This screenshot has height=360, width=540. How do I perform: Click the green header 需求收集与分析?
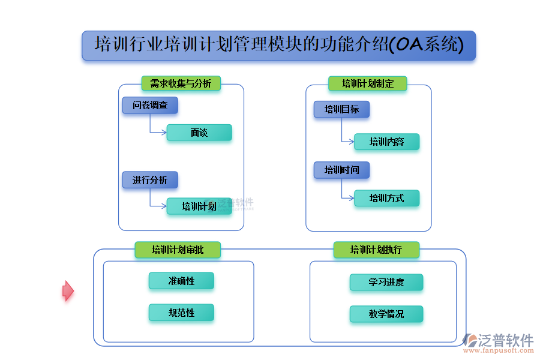click(181, 83)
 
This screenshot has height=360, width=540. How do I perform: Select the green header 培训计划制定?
click(367, 84)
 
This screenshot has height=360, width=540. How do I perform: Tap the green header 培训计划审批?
click(178, 250)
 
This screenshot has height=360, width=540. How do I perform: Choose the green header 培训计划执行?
click(376, 250)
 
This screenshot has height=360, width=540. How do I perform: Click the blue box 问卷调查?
click(150, 105)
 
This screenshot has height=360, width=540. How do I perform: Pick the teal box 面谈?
click(199, 133)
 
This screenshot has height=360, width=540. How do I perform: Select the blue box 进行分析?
click(150, 180)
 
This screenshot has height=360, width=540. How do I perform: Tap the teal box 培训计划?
click(199, 206)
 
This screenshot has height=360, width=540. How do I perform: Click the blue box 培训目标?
click(341, 109)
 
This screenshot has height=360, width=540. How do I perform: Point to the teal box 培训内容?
click(387, 142)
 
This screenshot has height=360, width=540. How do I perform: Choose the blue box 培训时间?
click(341, 170)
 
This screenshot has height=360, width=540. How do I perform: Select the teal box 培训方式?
click(387, 198)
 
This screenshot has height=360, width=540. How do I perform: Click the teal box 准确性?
click(181, 281)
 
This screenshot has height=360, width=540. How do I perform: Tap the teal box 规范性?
click(181, 313)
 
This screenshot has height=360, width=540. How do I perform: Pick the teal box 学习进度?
click(386, 283)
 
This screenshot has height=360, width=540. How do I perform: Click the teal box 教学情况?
click(386, 314)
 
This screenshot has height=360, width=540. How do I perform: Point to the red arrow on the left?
click(68, 291)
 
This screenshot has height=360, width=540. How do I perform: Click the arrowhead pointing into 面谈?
click(164, 132)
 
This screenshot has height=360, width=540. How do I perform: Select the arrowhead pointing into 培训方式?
click(352, 198)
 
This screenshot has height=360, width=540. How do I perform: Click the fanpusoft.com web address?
click(499, 350)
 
